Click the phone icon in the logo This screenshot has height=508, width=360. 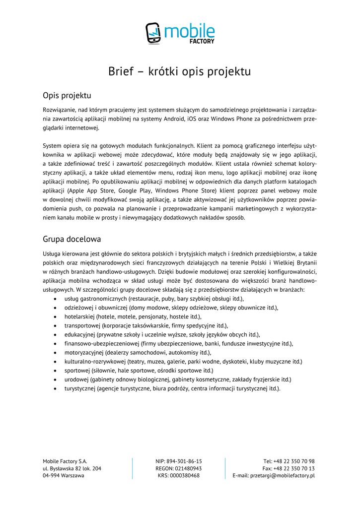[x=153, y=33]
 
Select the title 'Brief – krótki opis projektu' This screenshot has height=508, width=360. [x=180, y=71]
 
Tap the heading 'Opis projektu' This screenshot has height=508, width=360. [x=67, y=95]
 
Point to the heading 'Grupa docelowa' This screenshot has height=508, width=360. [x=72, y=239]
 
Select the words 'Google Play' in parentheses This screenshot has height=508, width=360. [x=135, y=190]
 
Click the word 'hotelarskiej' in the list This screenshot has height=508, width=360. [x=79, y=317]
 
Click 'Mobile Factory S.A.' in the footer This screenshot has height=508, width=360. [x=65, y=461]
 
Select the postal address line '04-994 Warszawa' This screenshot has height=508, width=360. [x=64, y=475]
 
